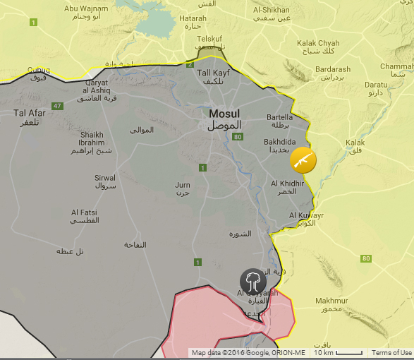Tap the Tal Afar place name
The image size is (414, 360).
pyautogui.click(x=30, y=112)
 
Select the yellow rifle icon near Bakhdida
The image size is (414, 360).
pyautogui.click(x=303, y=160)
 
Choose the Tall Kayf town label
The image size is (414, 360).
pyautogui.click(x=213, y=73)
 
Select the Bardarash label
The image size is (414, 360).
pyautogui.click(x=334, y=69)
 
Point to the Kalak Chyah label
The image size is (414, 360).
pyautogui.click(x=318, y=43)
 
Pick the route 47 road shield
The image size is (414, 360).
pyautogui.click(x=58, y=106)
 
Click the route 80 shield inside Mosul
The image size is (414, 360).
pyautogui.click(x=238, y=136)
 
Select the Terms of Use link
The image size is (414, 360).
pyautogui.click(x=391, y=353)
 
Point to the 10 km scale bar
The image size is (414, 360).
pyautogui.click(x=337, y=353)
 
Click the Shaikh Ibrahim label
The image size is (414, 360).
pyautogui.click(x=92, y=139)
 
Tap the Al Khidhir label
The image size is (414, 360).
pyautogui.click(x=287, y=184)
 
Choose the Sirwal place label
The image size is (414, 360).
pyautogui.click(x=105, y=178)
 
